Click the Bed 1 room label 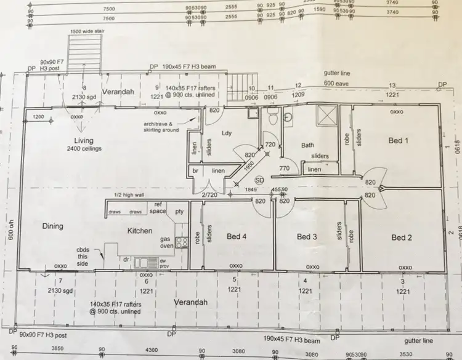(x=399, y=141)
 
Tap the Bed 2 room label (x=402, y=238)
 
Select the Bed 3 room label (x=307, y=237)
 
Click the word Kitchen (x=139, y=231)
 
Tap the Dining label (x=53, y=226)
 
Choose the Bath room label (x=308, y=146)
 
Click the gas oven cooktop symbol (x=181, y=242)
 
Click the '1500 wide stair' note (x=86, y=30)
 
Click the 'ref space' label (x=159, y=208)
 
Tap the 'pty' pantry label (x=180, y=212)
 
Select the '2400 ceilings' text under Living (x=84, y=149)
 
